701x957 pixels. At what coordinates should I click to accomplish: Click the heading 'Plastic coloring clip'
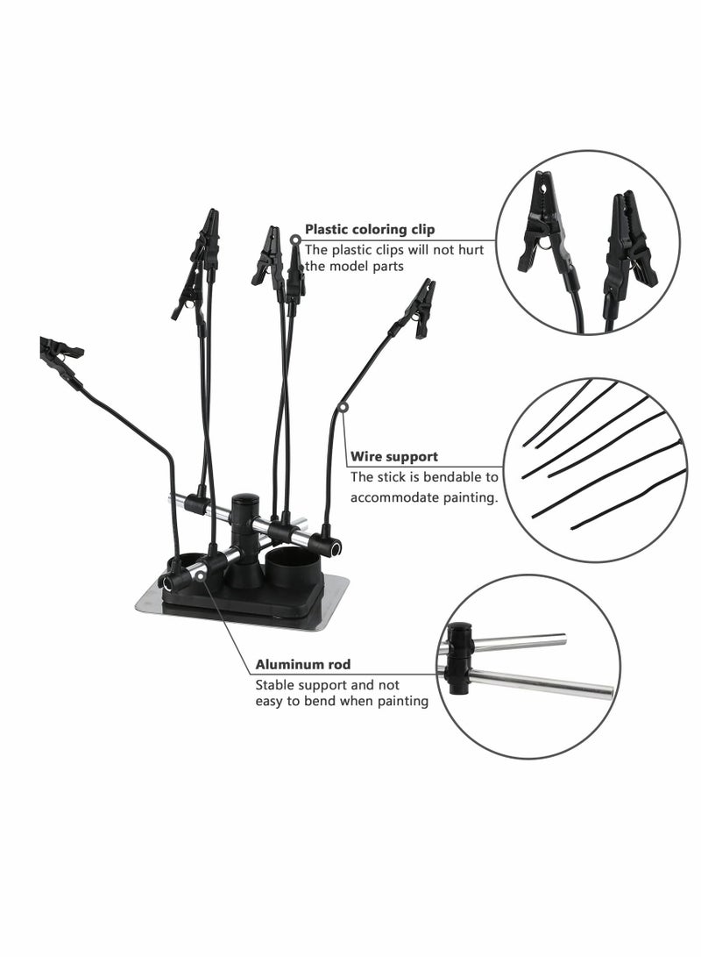coord(369,230)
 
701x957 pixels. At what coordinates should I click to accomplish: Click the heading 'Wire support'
coord(394,457)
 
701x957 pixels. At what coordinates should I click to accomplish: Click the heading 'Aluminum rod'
coord(303,664)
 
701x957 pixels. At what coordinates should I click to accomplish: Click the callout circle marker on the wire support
coord(343,407)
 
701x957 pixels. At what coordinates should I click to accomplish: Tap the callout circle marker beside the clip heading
coord(294,239)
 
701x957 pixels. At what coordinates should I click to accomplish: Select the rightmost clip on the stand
coord(420,308)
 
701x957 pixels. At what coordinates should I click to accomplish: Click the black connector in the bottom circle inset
coord(459,657)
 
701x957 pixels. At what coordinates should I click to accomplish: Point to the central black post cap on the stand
coord(242,507)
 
